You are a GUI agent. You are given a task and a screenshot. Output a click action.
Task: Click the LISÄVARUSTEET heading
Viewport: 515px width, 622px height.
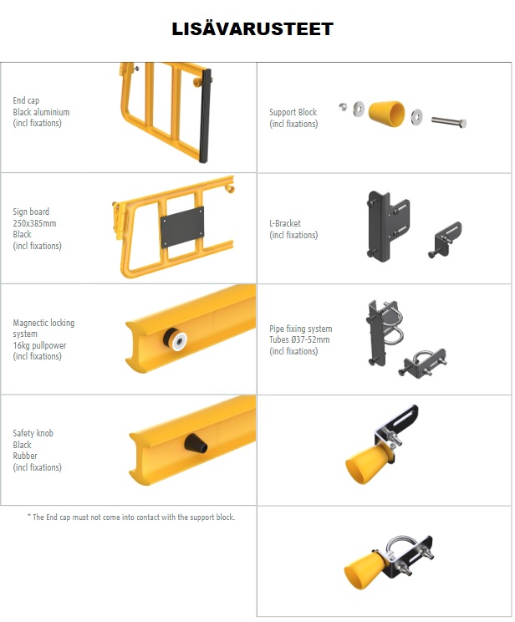click(252, 29)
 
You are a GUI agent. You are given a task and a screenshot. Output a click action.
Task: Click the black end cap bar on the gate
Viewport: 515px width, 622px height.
click(205, 115)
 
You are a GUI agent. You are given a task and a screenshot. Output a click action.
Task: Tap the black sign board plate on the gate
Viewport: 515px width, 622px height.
click(182, 227)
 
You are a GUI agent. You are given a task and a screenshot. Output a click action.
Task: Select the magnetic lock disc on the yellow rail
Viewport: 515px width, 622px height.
click(176, 339)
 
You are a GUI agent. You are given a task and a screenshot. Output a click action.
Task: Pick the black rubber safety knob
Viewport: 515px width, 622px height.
click(196, 443)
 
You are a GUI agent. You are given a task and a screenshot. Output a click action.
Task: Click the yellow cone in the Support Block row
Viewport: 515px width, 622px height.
click(386, 114)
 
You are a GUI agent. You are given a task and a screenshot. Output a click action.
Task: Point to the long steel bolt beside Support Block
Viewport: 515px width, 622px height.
click(449, 122)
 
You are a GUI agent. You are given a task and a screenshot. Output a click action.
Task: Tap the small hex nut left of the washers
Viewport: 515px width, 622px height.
click(343, 106)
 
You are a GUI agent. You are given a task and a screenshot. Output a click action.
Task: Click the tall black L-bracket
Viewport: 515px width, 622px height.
click(388, 226)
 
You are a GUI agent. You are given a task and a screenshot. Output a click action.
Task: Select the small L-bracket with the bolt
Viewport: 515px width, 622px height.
click(445, 239)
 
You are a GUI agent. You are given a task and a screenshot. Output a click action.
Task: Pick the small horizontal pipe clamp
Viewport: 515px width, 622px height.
click(422, 363)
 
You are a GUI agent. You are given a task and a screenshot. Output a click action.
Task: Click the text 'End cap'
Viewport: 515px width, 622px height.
click(26, 100)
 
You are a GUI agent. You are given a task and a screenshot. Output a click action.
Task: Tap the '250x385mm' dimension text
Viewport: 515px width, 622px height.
click(34, 223)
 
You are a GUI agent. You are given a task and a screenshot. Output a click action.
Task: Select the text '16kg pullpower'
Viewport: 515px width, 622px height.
click(39, 345)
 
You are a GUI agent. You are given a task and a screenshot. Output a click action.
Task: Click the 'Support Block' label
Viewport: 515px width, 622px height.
click(293, 112)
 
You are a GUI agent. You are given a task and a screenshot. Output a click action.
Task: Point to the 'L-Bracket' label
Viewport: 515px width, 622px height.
click(285, 223)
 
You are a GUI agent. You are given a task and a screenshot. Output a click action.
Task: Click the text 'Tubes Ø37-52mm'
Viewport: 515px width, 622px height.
click(299, 339)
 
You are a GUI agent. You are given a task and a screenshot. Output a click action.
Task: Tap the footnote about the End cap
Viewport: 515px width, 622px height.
click(131, 517)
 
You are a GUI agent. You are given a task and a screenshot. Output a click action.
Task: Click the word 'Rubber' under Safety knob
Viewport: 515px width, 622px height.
click(25, 456)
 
